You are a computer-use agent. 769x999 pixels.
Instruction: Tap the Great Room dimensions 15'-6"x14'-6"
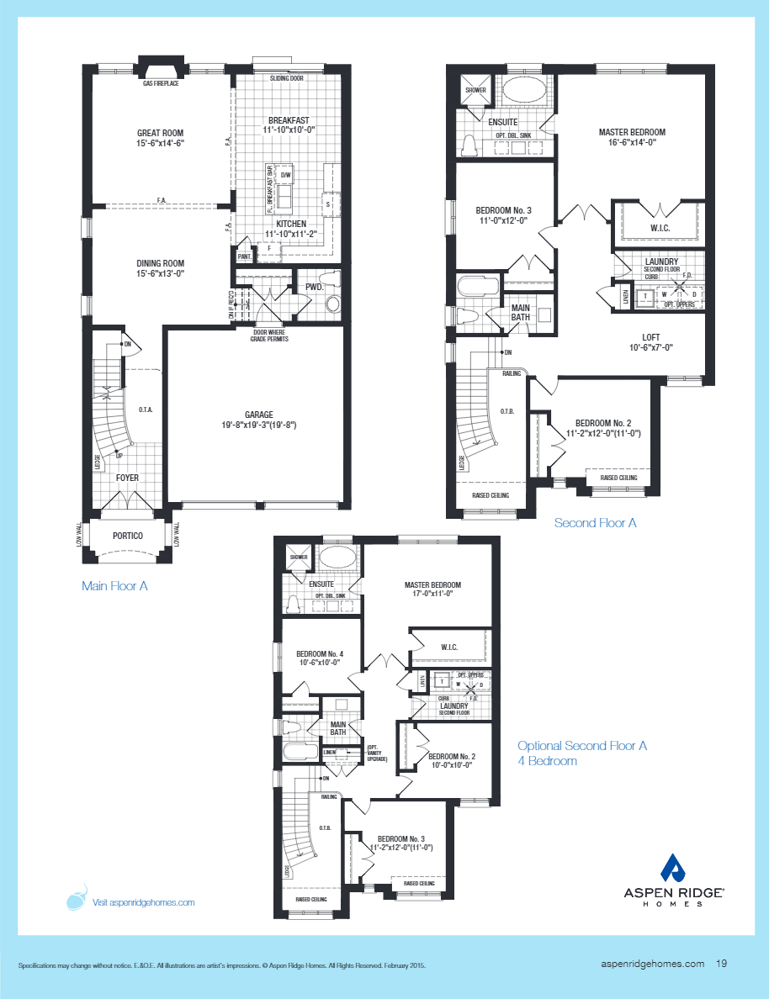click(160, 144)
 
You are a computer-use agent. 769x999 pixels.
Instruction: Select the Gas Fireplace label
click(161, 83)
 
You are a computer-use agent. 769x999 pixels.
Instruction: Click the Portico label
click(127, 536)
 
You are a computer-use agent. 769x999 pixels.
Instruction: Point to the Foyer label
click(127, 478)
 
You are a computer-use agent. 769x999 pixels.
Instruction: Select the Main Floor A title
click(114, 586)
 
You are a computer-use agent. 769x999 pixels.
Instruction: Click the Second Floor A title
click(595, 523)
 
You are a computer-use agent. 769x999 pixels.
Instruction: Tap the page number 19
click(722, 965)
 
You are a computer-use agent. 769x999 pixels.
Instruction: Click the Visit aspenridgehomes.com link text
click(143, 902)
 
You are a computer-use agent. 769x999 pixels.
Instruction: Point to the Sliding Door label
click(286, 78)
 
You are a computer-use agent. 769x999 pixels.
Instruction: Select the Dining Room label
click(160, 263)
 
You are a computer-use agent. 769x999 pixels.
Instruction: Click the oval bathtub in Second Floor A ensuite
click(522, 92)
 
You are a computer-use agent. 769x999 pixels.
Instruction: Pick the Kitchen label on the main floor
click(285, 224)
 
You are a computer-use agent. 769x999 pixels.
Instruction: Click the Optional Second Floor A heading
click(582, 746)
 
